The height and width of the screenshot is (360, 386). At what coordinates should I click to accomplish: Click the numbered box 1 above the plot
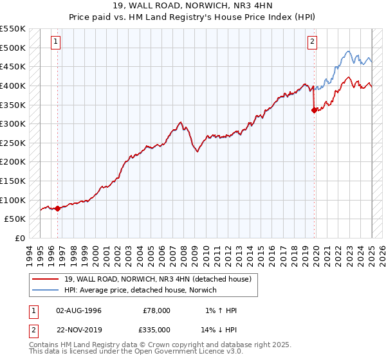[x=57, y=42]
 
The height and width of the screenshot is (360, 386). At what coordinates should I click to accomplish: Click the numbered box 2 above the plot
[x=312, y=42]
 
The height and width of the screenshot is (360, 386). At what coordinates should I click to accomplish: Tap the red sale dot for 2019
[x=314, y=110]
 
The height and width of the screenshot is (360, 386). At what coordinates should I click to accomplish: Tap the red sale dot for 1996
[x=57, y=208]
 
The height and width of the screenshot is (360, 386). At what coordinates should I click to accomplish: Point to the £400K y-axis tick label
[x=13, y=85]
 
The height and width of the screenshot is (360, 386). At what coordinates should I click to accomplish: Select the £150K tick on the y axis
[x=13, y=181]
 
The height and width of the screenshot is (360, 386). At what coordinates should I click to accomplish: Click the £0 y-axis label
[x=20, y=238]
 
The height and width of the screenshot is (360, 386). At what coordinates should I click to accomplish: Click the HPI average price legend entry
[x=141, y=290]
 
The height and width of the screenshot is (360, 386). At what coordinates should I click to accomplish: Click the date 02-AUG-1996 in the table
[x=78, y=310]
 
